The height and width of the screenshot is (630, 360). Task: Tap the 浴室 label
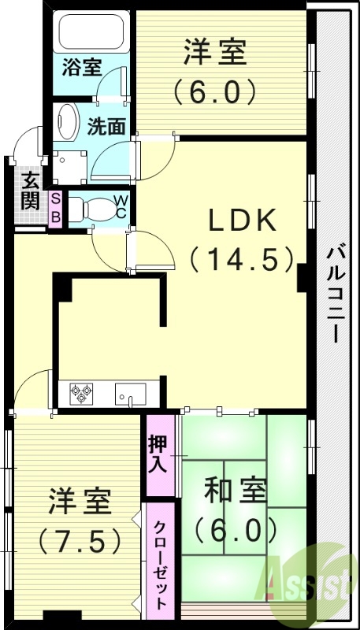pyautogui.click(x=81, y=66)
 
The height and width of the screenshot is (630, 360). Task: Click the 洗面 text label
pyautogui.click(x=107, y=125)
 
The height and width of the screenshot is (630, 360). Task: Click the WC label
pyautogui.click(x=121, y=206)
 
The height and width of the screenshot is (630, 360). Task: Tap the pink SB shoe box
pyautogui.click(x=55, y=209)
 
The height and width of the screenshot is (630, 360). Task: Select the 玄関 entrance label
pyautogui.click(x=31, y=191)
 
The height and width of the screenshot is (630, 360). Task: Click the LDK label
pyautogui.click(x=242, y=221)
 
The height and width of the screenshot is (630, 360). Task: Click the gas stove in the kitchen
pyautogui.click(x=82, y=391)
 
